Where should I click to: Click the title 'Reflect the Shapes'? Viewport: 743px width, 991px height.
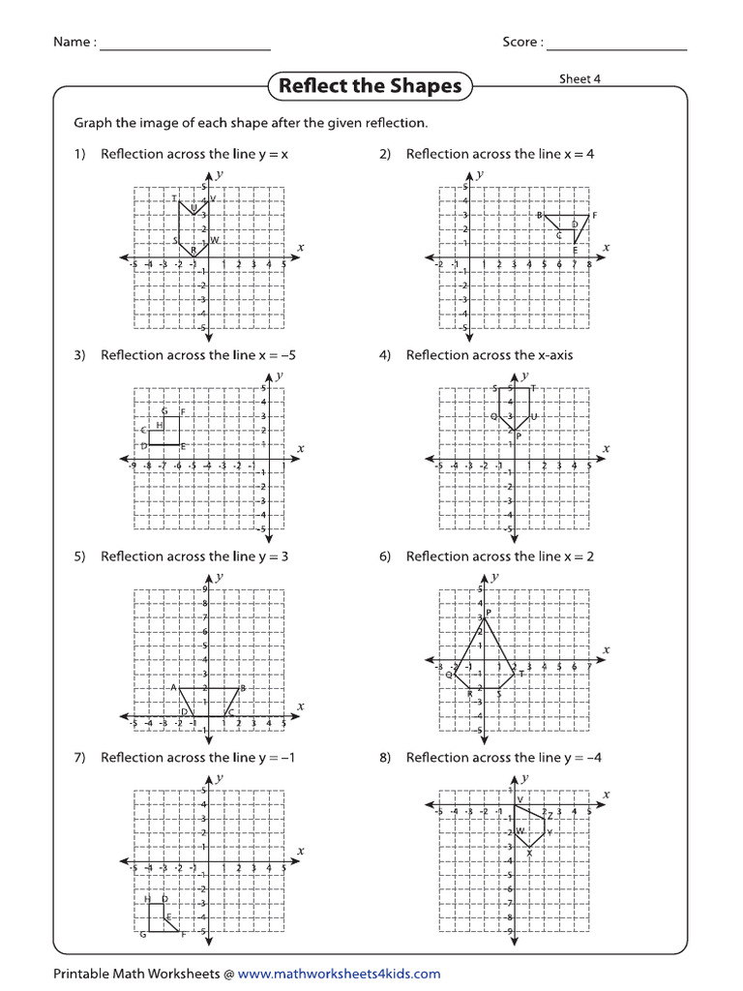[x=370, y=86]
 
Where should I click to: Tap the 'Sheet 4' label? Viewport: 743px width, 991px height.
[x=580, y=79]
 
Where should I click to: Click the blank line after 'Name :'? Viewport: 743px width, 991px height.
[x=184, y=45]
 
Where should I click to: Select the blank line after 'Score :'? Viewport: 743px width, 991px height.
[x=616, y=45]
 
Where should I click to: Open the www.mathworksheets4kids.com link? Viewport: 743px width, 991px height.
[x=339, y=974]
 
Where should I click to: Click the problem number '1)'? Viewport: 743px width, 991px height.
[x=80, y=154]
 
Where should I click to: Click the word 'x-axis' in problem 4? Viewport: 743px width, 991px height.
[x=550, y=355]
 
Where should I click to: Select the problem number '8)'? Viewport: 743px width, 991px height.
[x=385, y=758]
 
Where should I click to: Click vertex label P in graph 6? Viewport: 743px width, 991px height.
[x=489, y=613]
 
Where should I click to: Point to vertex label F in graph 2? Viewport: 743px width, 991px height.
[x=595, y=215]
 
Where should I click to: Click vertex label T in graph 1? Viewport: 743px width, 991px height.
[x=174, y=199]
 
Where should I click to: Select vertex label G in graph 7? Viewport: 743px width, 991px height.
[x=143, y=934]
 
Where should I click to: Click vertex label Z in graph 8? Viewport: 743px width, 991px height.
[x=550, y=816]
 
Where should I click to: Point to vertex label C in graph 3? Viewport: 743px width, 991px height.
[x=142, y=430]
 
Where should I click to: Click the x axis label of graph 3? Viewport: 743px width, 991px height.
[x=300, y=448]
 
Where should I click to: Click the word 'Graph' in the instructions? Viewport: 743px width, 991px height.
[x=93, y=123]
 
